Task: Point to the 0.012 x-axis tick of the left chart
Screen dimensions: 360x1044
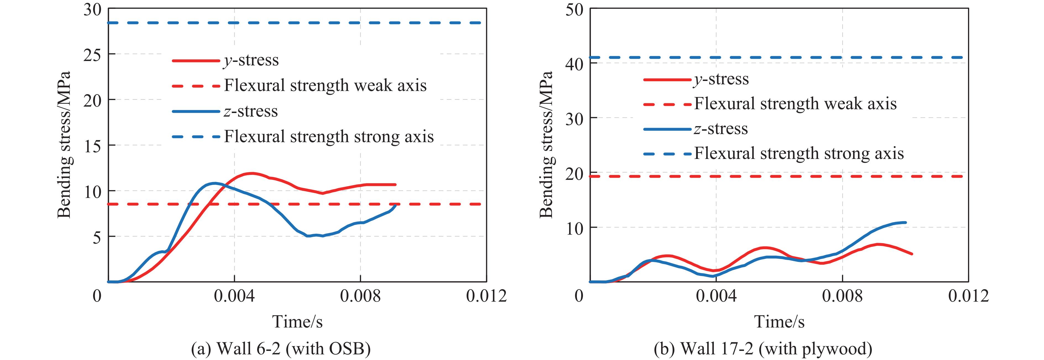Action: coord(486,296)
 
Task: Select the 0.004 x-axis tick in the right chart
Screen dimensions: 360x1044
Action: coord(716,296)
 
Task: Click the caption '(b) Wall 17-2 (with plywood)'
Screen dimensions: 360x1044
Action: coord(763,348)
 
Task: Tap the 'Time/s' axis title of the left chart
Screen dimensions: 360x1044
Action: coord(298,322)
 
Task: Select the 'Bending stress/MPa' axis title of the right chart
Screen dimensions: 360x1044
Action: coord(546,145)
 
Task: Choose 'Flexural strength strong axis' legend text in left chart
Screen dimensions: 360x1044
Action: coord(329,136)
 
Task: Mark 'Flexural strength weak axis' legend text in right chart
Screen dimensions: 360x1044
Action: coord(795,104)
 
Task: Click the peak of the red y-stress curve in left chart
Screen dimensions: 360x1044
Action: coord(252,173)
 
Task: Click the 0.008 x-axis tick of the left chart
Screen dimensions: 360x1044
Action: coord(360,296)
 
